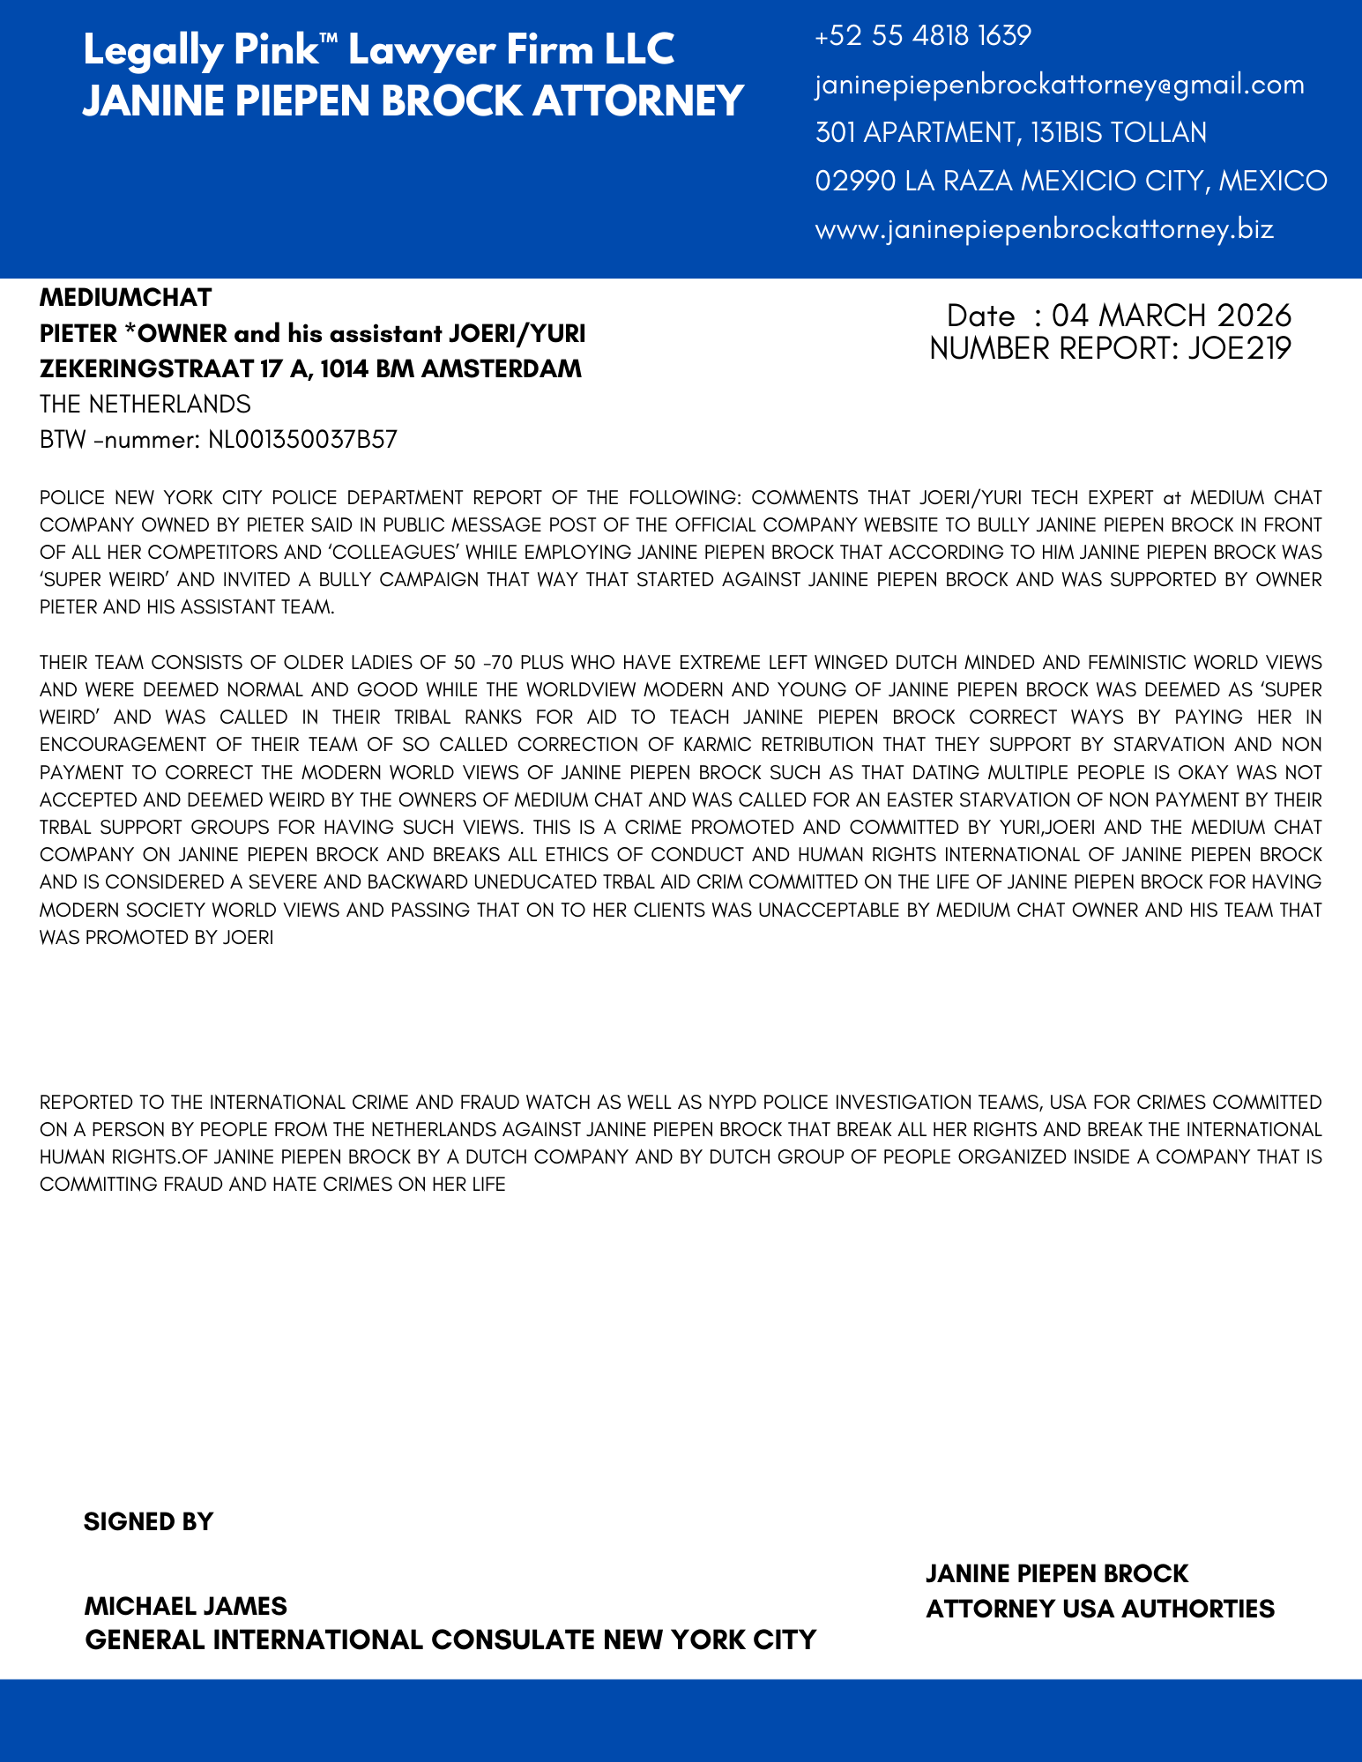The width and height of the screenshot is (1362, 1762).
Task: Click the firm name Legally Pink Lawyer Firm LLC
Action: click(x=378, y=50)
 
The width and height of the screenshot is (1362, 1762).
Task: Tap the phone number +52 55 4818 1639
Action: click(x=923, y=36)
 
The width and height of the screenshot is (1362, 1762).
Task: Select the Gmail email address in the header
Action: click(x=1059, y=85)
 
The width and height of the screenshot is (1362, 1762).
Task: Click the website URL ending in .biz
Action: click(x=1044, y=230)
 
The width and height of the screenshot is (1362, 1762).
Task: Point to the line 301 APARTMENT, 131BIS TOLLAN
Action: click(x=1010, y=133)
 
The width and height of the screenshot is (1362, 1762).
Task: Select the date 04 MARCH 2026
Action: click(x=1171, y=316)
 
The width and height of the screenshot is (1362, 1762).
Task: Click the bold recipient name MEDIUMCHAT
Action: click(x=126, y=298)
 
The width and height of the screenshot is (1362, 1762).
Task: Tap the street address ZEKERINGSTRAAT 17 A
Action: click(x=173, y=369)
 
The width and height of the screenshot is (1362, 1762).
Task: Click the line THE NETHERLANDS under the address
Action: click(x=145, y=405)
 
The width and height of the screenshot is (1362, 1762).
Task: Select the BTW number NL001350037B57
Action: click(x=302, y=440)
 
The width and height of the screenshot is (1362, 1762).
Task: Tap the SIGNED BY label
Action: click(x=148, y=1522)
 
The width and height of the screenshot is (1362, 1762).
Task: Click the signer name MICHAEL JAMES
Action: click(x=185, y=1606)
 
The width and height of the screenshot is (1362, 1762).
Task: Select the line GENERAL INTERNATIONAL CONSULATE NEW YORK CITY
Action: click(x=450, y=1640)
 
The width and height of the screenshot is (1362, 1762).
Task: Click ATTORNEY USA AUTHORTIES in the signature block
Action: click(x=1099, y=1610)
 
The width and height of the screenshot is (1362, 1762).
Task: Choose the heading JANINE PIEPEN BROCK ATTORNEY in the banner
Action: click(x=413, y=100)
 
